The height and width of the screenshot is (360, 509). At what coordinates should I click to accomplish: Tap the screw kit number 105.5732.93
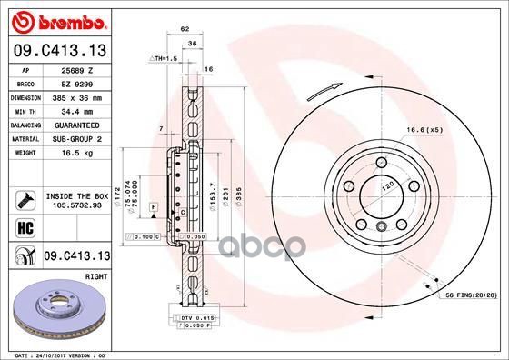(x=76, y=205)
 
